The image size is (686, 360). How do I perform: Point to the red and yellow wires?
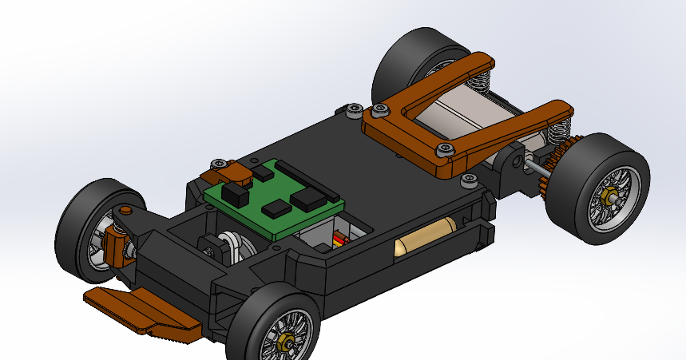(342, 238)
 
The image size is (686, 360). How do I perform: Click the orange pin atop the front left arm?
(125, 210)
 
